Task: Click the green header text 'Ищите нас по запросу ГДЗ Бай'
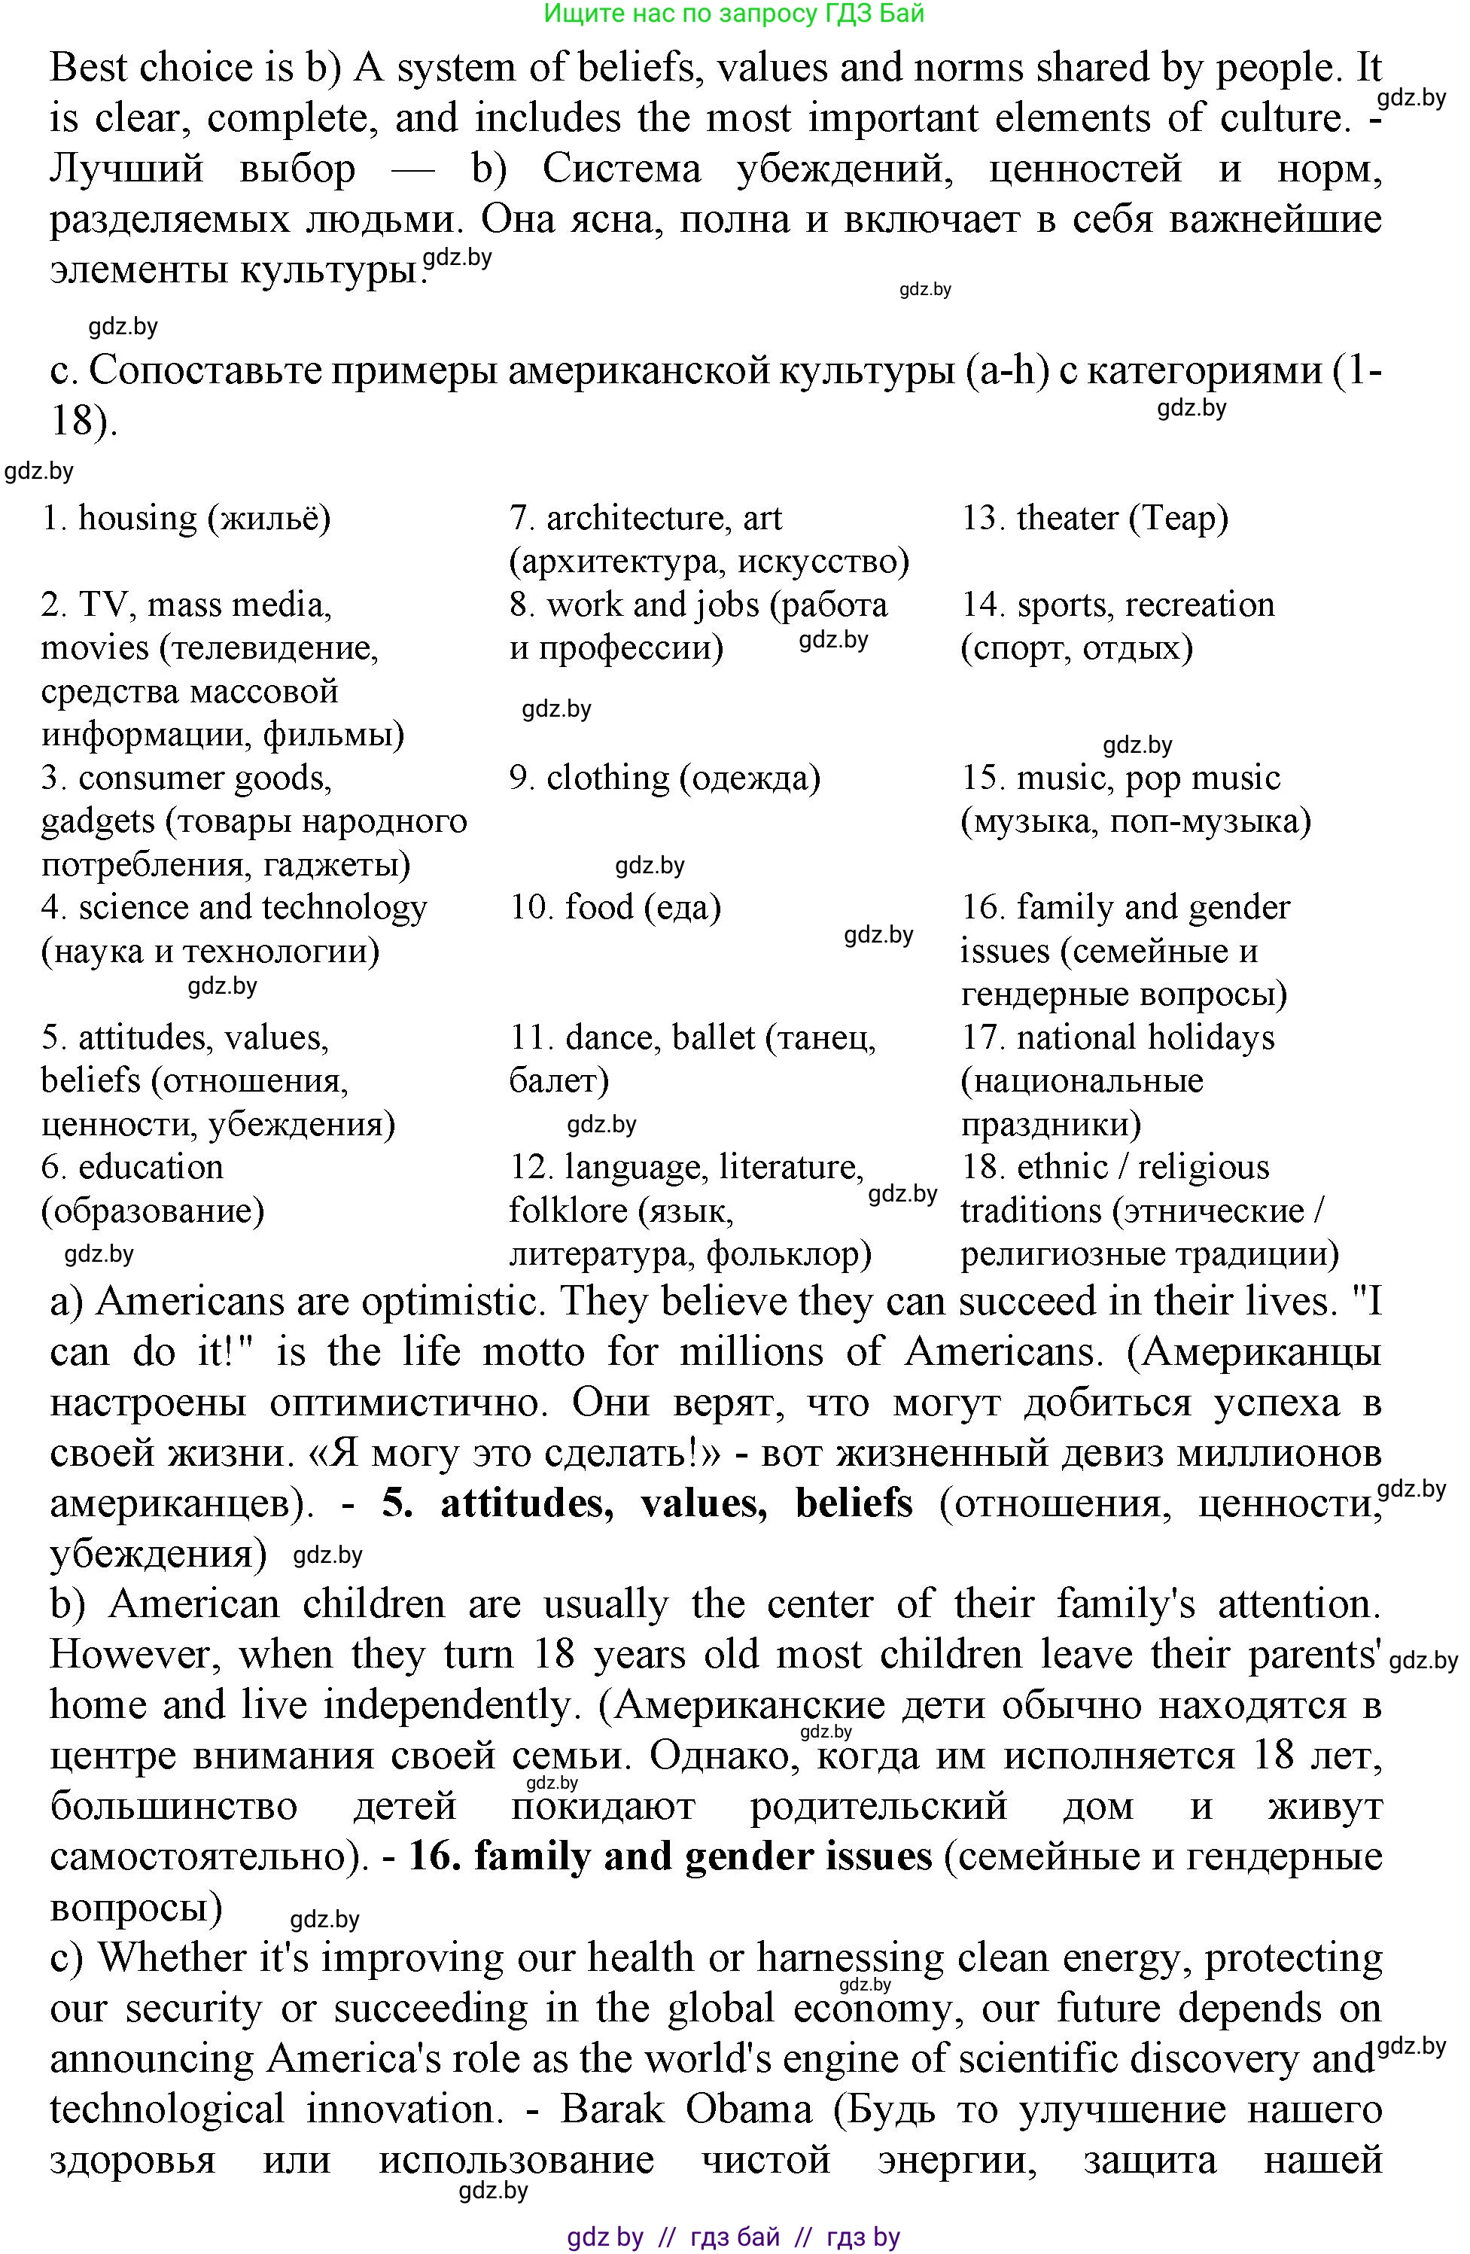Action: tap(734, 14)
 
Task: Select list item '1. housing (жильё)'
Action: tap(186, 518)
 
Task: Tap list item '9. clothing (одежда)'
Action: tap(664, 778)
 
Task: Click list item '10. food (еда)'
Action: tap(615, 907)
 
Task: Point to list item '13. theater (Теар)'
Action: tap(1094, 518)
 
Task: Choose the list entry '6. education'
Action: tap(132, 1167)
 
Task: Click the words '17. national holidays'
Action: tap(1118, 1037)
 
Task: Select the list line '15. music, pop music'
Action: tap(1121, 778)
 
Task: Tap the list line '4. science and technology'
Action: tap(234, 907)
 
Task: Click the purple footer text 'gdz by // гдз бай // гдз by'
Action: tap(734, 2236)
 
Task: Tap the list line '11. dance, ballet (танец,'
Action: tap(692, 1037)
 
